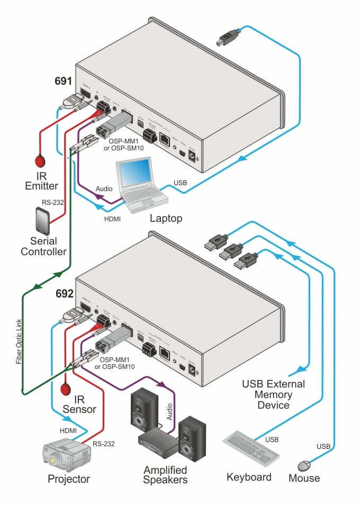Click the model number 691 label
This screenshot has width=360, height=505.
coord(63,82)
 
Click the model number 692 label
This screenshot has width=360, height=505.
coord(63,291)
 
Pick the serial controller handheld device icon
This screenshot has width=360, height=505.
coord(42,219)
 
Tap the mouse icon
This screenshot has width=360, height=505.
coord(304,466)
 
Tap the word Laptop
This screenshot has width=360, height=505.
coord(166,218)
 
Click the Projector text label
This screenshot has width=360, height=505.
coord(69,480)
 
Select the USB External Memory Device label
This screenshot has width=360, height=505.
coord(273,394)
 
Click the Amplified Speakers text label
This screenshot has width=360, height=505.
coord(166,475)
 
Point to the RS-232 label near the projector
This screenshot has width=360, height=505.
coord(104,444)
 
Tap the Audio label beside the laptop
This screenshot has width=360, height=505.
coord(104,188)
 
